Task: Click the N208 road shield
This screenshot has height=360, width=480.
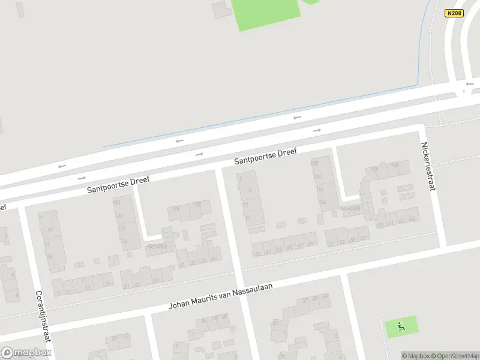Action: pyautogui.click(x=455, y=13)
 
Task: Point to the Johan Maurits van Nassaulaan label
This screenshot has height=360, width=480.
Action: pyautogui.click(x=221, y=296)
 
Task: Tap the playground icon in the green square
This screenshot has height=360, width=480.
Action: pyautogui.click(x=401, y=327)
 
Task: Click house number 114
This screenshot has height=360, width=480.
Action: pyautogui.click(x=123, y=241)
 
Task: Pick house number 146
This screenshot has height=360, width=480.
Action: pyautogui.click(x=322, y=202)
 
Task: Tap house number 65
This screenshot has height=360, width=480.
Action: pyautogui.click(x=412, y=220)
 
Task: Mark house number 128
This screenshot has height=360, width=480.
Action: pyautogui.click(x=197, y=204)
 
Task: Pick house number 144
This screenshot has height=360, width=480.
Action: pyautogui.click(x=320, y=189)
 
